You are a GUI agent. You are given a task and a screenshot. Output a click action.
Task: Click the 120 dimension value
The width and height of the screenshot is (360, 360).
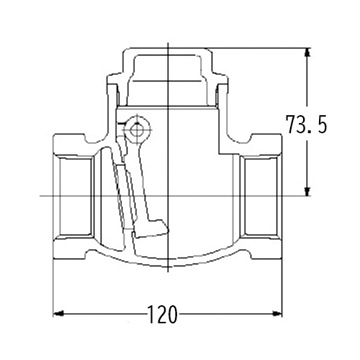coord(163,315)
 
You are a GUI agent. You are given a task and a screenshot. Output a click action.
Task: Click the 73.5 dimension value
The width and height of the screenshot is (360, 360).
coord(306,125)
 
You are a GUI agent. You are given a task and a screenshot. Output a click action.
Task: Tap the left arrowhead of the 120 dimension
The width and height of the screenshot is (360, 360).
coord(58,313)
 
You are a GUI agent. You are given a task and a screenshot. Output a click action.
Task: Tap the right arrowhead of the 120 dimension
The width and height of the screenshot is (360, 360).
coord(277,313)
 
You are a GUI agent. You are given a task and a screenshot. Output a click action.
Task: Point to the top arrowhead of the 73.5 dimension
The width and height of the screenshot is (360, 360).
coord(307,53)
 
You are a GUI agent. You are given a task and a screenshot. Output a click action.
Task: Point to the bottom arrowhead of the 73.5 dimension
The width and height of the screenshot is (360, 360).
coord(307,191)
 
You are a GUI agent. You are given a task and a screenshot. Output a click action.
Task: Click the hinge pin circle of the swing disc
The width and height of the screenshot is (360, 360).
coord(137,130)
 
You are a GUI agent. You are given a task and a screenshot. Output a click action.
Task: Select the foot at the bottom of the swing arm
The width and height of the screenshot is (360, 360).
coord(151,228)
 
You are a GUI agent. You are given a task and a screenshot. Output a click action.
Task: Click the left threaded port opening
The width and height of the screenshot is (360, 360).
coord(75,196)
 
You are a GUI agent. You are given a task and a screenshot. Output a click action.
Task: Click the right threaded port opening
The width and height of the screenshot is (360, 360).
coord(261,196)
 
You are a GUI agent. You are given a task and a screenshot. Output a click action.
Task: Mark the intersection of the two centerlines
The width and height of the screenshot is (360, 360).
coord(168,196)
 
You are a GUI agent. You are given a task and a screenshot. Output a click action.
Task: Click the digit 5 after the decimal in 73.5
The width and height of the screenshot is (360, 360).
coord(321,125)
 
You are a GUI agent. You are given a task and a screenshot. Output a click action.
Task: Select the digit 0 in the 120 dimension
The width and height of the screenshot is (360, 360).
coord(172,315)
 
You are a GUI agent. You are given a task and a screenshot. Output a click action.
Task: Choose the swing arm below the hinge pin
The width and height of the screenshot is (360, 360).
coord(142,180)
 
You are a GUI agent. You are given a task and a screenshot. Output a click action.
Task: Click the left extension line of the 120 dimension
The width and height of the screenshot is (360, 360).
coord(53,288)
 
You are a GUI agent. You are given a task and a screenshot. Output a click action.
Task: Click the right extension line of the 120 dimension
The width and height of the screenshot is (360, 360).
coord(282,288)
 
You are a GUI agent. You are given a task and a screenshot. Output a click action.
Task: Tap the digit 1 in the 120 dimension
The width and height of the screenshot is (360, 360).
coord(151,315)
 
